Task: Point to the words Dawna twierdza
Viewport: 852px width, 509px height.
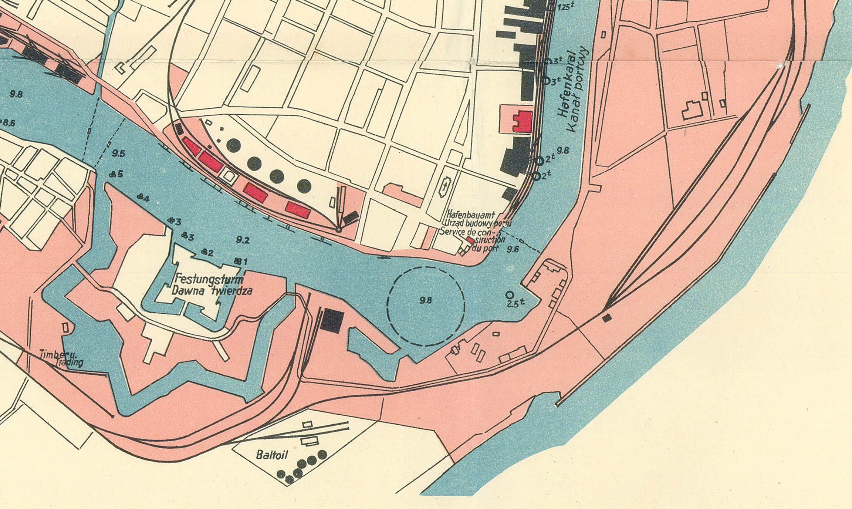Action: [212, 291]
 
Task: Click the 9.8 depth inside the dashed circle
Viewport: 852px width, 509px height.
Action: [426, 300]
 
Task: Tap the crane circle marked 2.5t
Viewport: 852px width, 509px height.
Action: [510, 295]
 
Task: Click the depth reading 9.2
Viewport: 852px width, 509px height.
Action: [243, 240]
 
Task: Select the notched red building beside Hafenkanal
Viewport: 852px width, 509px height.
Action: [523, 121]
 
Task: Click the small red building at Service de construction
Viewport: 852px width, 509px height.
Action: [470, 240]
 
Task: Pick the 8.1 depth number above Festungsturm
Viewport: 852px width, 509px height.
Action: [241, 262]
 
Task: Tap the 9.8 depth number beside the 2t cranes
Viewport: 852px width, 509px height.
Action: [563, 151]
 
